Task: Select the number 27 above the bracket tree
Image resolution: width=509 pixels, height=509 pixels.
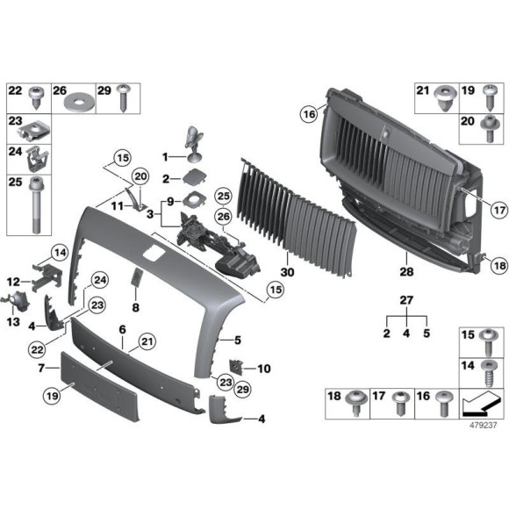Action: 405,301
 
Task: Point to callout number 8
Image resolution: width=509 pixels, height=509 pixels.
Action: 136,308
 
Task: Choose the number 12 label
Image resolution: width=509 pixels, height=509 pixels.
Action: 12,281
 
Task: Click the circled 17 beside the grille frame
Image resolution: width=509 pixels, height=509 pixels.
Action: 474,210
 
